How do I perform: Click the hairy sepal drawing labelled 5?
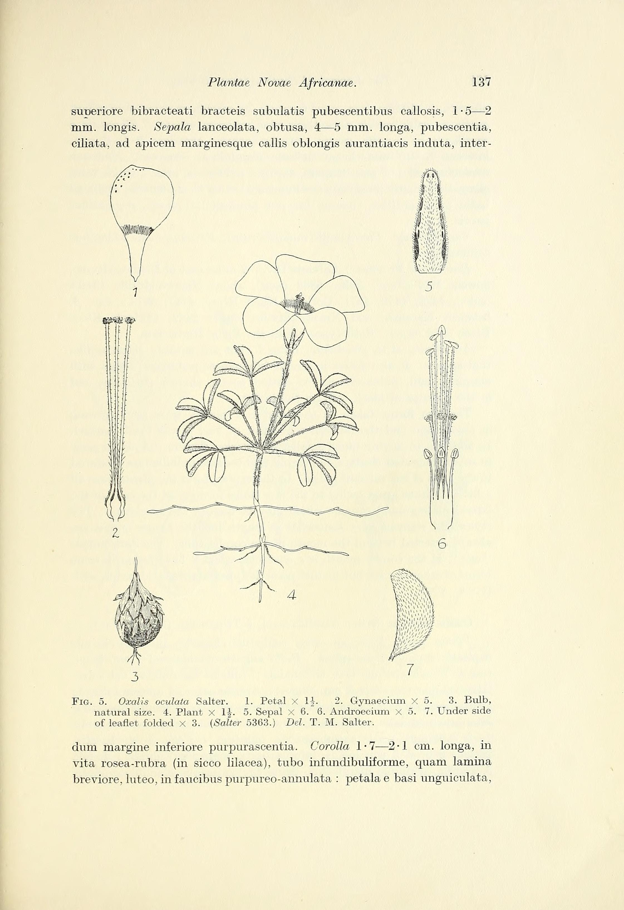point(429,221)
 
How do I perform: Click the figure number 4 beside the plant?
point(291,595)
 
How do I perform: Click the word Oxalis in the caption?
point(130,700)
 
